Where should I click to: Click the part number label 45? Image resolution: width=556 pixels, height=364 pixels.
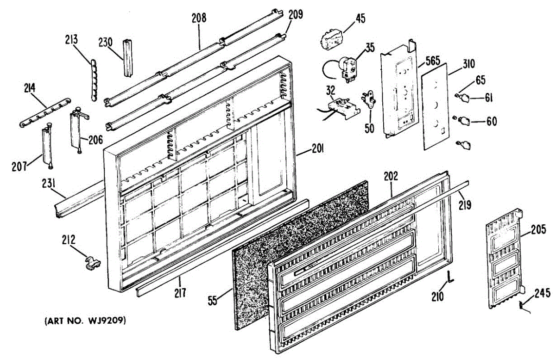point(360,19)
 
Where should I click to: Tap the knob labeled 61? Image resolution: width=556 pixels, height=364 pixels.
point(466,98)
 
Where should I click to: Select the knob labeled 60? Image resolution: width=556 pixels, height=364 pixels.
point(465,122)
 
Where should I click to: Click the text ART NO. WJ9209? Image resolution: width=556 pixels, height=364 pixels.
point(85,320)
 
